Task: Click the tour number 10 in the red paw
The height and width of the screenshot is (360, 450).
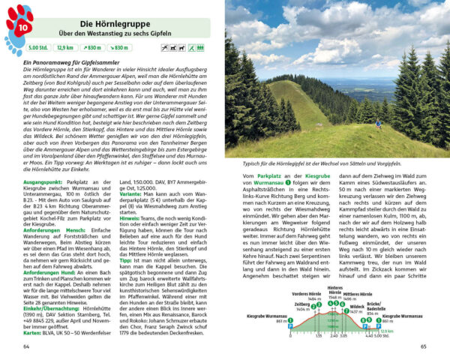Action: coord(21,28)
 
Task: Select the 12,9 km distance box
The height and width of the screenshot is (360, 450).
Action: coord(66,48)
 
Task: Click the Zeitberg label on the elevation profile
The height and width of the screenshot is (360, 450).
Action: coord(280,304)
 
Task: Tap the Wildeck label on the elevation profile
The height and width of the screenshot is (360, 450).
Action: coord(357,306)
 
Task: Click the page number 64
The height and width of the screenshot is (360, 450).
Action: coord(28,346)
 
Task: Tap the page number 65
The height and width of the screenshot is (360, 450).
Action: coord(423,346)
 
